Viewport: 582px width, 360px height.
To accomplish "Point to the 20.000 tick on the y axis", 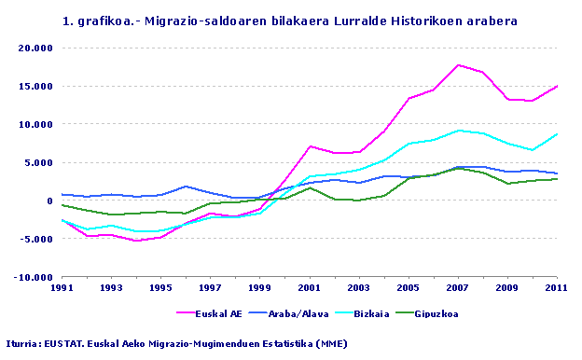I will (36, 48).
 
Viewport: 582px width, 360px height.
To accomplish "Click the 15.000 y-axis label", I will (36, 86).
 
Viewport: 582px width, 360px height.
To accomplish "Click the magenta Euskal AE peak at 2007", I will (458, 65).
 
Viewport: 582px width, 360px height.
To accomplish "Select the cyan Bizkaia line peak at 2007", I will (458, 131).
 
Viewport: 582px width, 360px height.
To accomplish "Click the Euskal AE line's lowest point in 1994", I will (136, 241).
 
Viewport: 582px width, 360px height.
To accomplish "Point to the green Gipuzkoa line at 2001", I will (310, 187).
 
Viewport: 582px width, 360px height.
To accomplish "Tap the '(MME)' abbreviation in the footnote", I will (329, 343).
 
